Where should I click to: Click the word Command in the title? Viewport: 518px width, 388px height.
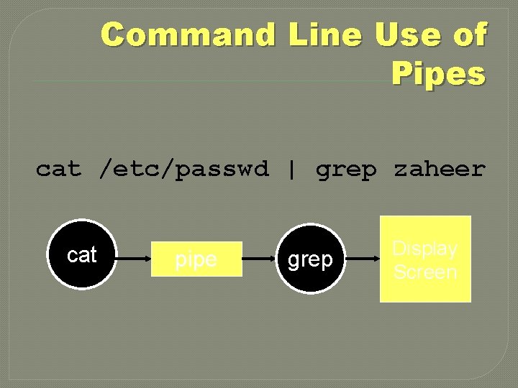(x=188, y=34)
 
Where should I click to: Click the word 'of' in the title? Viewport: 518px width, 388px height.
(x=470, y=34)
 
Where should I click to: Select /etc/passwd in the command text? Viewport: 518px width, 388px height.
(x=183, y=170)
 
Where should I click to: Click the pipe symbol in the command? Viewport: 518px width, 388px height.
(x=291, y=170)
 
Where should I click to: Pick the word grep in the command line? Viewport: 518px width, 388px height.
(x=346, y=170)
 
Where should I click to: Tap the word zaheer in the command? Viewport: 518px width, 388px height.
(x=439, y=170)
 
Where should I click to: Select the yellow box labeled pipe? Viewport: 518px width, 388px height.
(x=196, y=259)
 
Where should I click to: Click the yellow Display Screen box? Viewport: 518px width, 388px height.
(x=425, y=259)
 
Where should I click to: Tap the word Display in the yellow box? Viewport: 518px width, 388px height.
(x=424, y=249)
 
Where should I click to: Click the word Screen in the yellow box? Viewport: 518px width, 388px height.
(x=425, y=272)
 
